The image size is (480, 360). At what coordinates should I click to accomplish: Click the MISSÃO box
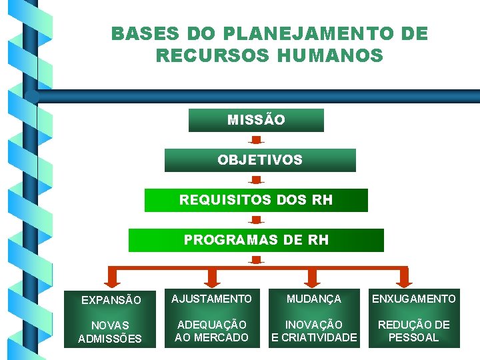(256, 121)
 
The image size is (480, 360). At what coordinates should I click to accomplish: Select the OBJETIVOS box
(260, 161)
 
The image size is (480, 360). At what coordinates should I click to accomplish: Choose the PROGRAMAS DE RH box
(256, 240)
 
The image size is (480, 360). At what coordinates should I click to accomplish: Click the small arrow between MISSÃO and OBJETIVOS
(256, 141)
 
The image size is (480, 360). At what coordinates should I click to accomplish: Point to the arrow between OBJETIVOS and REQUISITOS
(256, 180)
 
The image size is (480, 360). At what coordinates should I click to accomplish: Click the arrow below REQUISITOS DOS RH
(256, 220)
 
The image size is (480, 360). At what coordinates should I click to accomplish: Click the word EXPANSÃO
(111, 300)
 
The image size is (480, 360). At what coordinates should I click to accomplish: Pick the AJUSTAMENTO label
(211, 299)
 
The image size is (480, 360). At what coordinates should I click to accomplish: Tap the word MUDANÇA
(313, 299)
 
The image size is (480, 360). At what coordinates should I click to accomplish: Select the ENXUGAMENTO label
(413, 299)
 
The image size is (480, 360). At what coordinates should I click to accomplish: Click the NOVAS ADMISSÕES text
(110, 332)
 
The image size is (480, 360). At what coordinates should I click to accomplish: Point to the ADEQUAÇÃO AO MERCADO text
(211, 331)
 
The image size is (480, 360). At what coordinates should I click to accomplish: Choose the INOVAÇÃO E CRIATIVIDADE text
(313, 331)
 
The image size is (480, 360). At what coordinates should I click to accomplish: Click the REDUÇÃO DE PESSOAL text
(413, 331)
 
